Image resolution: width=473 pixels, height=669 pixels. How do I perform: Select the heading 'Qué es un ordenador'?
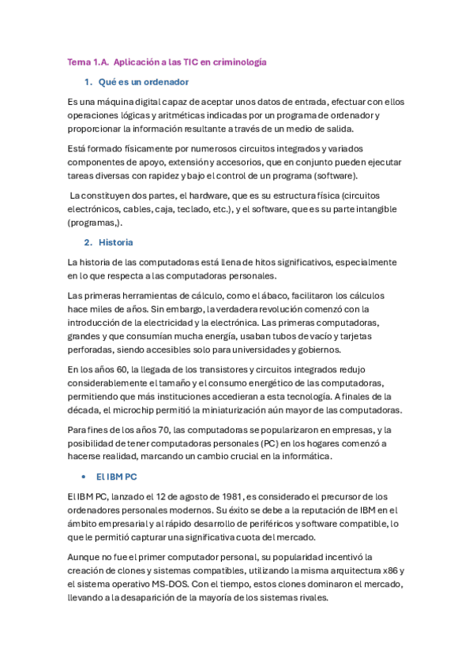pyautogui.click(x=144, y=82)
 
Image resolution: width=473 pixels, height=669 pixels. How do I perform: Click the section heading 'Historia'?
pyautogui.click(x=116, y=242)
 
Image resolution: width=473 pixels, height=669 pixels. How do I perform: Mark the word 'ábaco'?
pyautogui.click(x=277, y=295)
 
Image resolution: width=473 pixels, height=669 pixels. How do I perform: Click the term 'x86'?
pyautogui.click(x=374, y=570)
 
